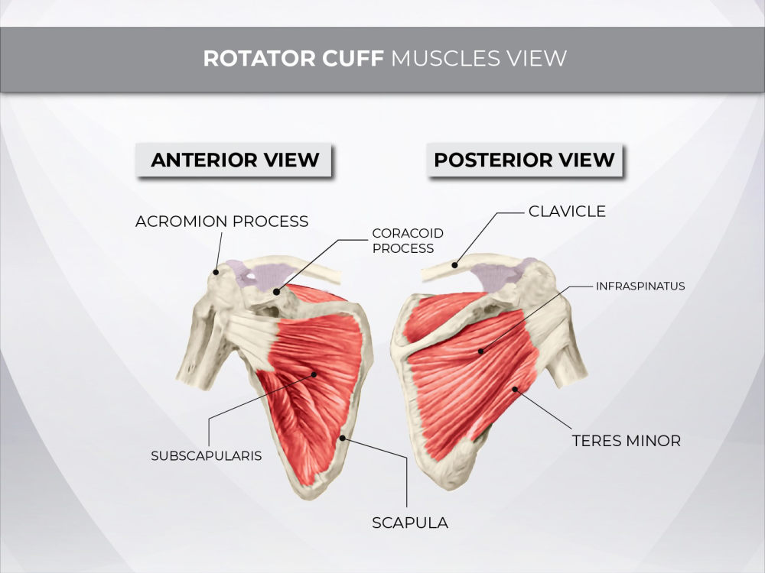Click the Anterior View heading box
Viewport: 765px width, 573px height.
pos(233,160)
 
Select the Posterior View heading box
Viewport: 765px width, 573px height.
pos(525,160)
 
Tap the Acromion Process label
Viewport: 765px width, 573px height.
pos(222,222)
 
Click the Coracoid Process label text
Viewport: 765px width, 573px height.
pos(408,241)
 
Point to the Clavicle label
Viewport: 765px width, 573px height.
pos(567,211)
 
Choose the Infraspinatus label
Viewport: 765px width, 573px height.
pos(640,286)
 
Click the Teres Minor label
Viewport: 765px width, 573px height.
pos(627,441)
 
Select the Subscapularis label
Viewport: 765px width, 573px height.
pos(207,455)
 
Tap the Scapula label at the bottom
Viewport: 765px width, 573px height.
pos(410,523)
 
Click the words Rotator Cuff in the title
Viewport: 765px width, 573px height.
pos(293,59)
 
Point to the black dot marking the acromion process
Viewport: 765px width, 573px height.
pos(216,272)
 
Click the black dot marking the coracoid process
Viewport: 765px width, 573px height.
pos(277,292)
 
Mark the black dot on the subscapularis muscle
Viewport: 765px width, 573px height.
pos(314,374)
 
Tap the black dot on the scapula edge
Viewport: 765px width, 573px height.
pos(343,438)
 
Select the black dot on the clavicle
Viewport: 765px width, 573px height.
pos(454,265)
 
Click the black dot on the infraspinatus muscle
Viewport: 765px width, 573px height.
pos(481,351)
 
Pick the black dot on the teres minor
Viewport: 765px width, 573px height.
pos(515,389)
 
